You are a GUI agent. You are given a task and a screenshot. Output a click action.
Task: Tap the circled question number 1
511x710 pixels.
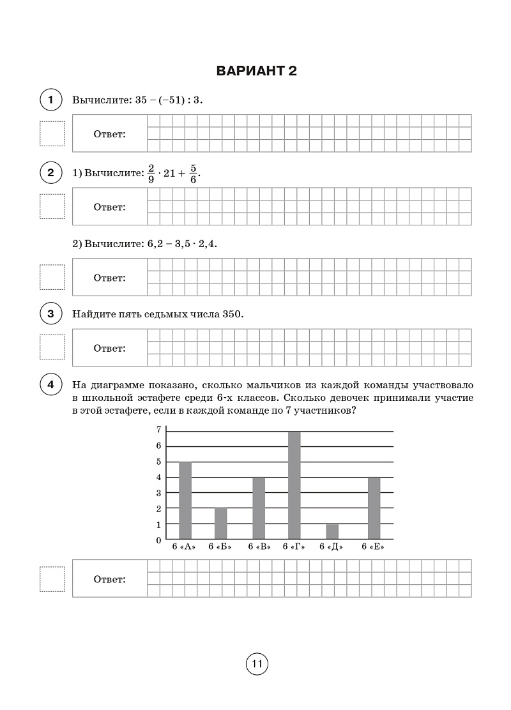click(50, 100)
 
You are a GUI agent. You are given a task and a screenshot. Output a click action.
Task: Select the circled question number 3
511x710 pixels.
click(50, 314)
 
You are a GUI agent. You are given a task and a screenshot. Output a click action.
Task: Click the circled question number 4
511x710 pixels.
click(50, 385)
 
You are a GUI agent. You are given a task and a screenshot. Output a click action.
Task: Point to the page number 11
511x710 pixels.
click(257, 664)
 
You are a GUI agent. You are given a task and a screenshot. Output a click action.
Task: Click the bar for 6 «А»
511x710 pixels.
click(185, 501)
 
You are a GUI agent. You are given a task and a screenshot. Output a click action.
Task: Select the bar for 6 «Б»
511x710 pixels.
click(220, 524)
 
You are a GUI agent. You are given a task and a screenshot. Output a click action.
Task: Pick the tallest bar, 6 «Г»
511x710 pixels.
click(294, 485)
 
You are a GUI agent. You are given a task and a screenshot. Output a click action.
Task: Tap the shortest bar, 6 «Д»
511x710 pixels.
click(332, 531)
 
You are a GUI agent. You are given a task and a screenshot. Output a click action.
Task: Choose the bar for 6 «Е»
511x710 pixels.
click(374, 508)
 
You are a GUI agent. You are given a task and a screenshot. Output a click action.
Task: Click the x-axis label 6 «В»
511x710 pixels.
click(259, 547)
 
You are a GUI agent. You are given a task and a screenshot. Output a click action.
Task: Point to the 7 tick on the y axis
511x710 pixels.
click(158, 430)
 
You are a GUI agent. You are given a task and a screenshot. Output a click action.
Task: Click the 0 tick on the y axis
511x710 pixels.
click(158, 540)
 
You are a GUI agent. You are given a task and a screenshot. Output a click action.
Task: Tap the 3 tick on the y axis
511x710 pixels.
click(158, 493)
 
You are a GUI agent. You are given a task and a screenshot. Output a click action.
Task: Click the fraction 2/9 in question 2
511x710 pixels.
click(151, 174)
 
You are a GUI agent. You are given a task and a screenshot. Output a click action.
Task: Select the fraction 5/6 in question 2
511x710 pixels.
click(194, 174)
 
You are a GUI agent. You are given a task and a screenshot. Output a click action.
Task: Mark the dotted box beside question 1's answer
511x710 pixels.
click(52, 133)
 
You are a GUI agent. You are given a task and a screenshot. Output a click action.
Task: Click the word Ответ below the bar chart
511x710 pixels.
click(110, 580)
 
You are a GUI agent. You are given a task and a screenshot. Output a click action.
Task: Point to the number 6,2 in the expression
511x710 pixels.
click(155, 245)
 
